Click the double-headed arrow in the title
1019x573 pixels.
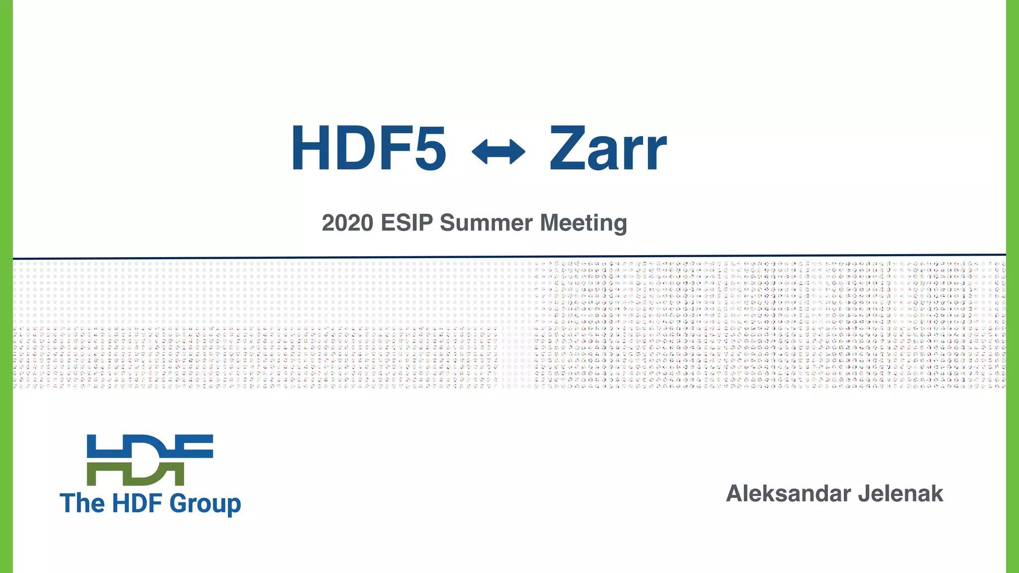[498, 151]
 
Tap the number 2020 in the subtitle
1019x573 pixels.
[347, 223]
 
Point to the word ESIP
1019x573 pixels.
[407, 223]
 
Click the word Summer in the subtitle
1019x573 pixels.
[486, 223]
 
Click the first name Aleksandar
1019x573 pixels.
[788, 493]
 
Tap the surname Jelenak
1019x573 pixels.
[901, 493]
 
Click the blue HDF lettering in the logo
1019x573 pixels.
[149, 446]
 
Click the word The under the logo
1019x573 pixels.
[82, 503]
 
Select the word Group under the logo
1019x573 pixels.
[205, 504]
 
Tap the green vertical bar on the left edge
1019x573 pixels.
[6, 286]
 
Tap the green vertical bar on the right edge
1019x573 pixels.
[1013, 286]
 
